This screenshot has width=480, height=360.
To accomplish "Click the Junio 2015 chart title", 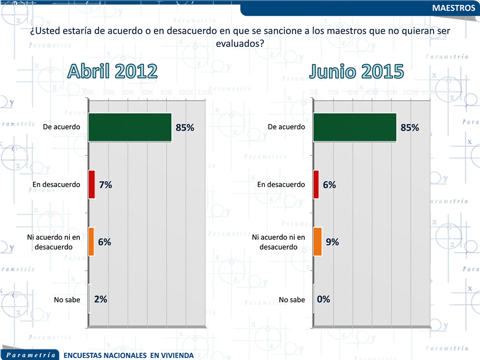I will [356, 71].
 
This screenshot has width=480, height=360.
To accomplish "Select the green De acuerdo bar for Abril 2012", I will [130, 127].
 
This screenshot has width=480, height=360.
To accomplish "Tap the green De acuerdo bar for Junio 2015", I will [355, 127].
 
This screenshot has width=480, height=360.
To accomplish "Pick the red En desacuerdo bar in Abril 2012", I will [91, 185].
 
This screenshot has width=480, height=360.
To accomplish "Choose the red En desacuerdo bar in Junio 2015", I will [316, 185].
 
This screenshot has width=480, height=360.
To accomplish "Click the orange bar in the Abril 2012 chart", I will [91, 242].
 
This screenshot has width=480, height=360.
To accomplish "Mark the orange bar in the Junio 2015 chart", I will [317, 242].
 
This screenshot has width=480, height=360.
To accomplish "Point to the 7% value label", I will [105, 185].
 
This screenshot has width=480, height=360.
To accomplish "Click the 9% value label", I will [332, 242].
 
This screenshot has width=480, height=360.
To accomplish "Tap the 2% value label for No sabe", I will [100, 300].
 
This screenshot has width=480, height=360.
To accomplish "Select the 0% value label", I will [324, 300].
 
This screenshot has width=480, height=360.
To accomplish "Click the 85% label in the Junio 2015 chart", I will [410, 127].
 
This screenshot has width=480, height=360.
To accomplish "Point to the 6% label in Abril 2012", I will [104, 242].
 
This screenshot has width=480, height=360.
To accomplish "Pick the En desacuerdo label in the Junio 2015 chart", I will [281, 185].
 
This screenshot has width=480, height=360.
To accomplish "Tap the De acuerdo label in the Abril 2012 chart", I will [61, 127].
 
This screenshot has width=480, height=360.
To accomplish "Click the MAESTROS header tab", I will [454, 8].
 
